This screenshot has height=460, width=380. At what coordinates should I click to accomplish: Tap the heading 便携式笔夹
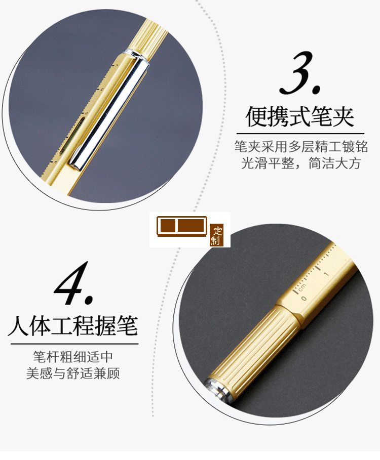click(x=300, y=116)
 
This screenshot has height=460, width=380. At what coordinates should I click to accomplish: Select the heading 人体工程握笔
click(x=73, y=326)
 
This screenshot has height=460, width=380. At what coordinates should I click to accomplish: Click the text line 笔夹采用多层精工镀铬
click(x=300, y=147)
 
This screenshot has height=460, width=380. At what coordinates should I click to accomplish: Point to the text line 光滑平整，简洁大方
click(x=300, y=164)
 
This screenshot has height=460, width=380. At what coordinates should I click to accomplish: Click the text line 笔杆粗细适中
click(x=73, y=356)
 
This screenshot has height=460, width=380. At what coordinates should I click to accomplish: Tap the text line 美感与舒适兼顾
click(x=73, y=373)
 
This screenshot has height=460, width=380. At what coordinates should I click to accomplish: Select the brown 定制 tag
click(x=216, y=235)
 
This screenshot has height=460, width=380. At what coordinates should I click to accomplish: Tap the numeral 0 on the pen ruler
click(x=304, y=299)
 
